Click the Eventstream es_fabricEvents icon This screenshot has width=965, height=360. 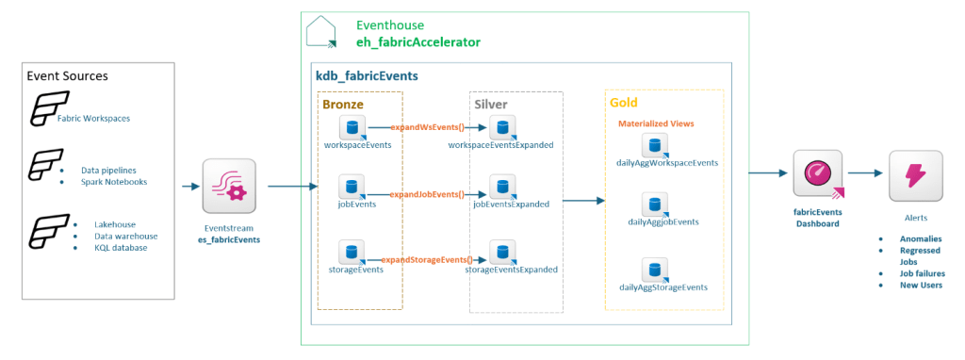click(229, 186)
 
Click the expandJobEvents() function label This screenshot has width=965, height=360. click(427, 193)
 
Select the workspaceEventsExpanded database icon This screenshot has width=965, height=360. click(502, 128)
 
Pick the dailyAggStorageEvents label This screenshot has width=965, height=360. click(663, 287)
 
